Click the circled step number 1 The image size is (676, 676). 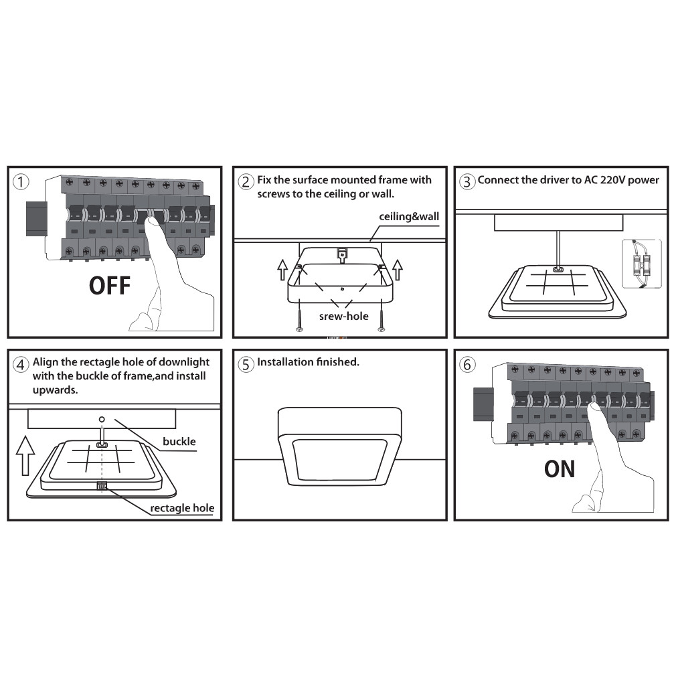pyautogui.click(x=21, y=181)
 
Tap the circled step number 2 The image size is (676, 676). pyautogui.click(x=246, y=181)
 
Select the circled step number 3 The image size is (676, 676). pyautogui.click(x=467, y=181)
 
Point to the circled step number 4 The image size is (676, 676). pyautogui.click(x=21, y=364)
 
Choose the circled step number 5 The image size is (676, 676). pyautogui.click(x=246, y=364)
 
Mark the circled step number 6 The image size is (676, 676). pyautogui.click(x=467, y=364)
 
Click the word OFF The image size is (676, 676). pyautogui.click(x=110, y=286)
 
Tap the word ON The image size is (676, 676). pyautogui.click(x=560, y=469)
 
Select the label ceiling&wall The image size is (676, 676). pyautogui.click(x=409, y=216)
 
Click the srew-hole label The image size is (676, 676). pyautogui.click(x=343, y=316)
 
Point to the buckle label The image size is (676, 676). pyautogui.click(x=179, y=442)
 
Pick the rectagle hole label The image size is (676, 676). pyautogui.click(x=182, y=508)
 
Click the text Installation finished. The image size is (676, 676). pyautogui.click(x=308, y=361)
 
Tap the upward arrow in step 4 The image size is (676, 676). pyautogui.click(x=25, y=456)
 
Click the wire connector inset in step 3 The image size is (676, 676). pyautogui.click(x=642, y=264)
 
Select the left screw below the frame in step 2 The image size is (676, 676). pyautogui.click(x=299, y=315)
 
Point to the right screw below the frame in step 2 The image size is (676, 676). pyautogui.click(x=381, y=315)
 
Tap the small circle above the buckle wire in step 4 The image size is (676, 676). pyautogui.click(x=102, y=419)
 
